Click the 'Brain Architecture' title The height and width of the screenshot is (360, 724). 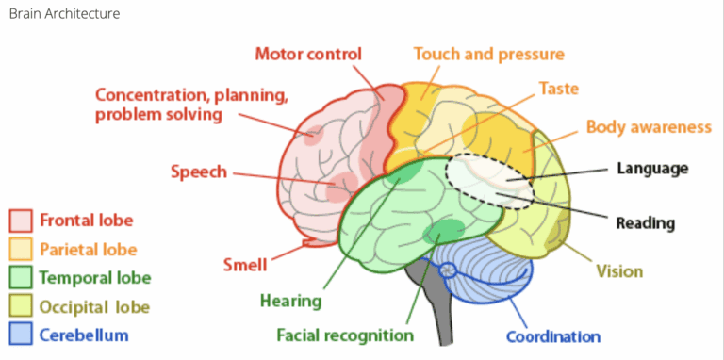click(x=65, y=14)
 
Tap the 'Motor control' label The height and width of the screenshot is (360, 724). click(x=308, y=55)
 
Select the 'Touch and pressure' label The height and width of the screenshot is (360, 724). click(x=489, y=55)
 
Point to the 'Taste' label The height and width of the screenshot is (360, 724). click(x=559, y=89)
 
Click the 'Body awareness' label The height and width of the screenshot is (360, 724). click(x=649, y=127)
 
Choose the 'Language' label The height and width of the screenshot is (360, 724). click(x=653, y=169)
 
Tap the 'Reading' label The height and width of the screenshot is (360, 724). click(x=646, y=224)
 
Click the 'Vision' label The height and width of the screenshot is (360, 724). click(x=619, y=271)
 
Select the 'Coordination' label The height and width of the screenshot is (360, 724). click(x=553, y=336)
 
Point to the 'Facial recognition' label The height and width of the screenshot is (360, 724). click(x=345, y=335)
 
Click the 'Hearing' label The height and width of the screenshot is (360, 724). click(x=291, y=302)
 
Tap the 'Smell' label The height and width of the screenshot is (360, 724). click(x=245, y=265)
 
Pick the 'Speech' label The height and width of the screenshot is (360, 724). click(x=199, y=172)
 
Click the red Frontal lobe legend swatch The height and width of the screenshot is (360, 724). click(x=21, y=221)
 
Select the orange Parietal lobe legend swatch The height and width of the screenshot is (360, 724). click(x=21, y=250)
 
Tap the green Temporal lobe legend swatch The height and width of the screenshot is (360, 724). click(x=21, y=278)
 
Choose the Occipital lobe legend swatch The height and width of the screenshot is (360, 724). click(x=21, y=306)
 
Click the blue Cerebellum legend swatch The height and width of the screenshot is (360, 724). click(x=21, y=335)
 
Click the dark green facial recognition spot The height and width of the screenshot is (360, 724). click(x=444, y=232)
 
